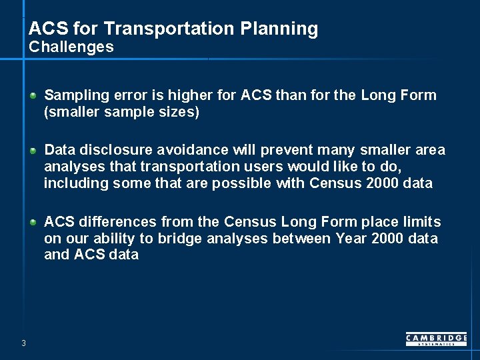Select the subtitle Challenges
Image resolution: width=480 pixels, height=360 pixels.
point(71,47)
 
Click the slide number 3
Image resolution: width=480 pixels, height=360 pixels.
point(23,343)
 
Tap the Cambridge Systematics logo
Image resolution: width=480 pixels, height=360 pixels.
point(436,339)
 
